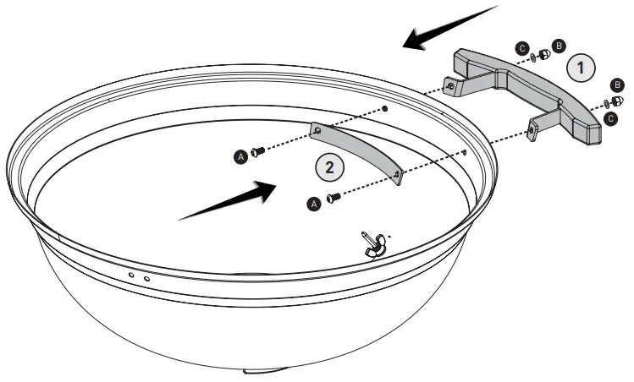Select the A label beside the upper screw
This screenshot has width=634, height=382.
242,156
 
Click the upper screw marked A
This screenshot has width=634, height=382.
259,150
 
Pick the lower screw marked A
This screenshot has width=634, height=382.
333,198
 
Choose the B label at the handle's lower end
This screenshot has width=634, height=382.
618,85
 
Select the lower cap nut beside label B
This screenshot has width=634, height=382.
617,101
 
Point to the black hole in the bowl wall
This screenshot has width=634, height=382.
385,109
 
